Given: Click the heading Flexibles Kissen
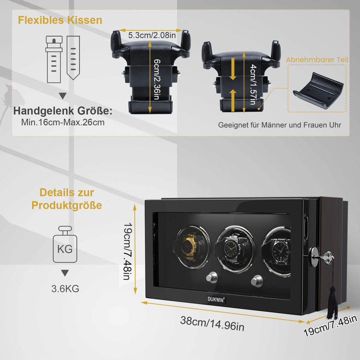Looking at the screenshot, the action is coord(60,20).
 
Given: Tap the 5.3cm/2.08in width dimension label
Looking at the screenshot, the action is coord(152,35).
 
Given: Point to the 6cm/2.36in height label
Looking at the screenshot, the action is coord(157,79).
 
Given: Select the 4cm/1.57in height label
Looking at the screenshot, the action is coord(253,84).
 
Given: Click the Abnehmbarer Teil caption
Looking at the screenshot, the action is coord(317,59).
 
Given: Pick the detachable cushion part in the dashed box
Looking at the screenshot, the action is coord(318,90).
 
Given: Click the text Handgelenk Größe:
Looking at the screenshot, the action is coord(63,111).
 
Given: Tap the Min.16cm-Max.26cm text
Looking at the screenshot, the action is coord(63,122).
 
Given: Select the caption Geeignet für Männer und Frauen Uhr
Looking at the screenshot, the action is coord(279,125).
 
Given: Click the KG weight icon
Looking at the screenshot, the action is coord(65,244).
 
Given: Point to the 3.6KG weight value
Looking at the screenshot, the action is coord(65,289).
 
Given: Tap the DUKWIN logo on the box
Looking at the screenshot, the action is coord(216,299).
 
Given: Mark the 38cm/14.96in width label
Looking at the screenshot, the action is coord(212,323).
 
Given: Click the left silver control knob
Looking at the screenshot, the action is coord(212,277).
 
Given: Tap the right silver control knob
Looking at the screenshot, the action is coord(257,281).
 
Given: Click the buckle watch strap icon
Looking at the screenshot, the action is coord(54,59).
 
